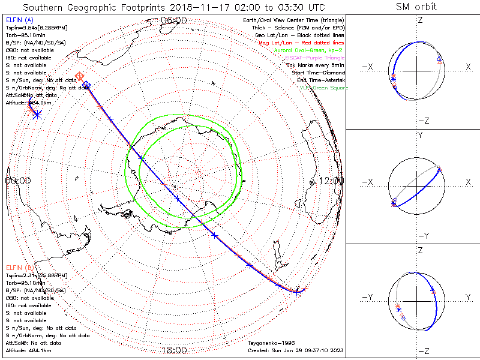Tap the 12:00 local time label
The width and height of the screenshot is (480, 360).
(x=332, y=180)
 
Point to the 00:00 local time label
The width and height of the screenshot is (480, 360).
(x=18, y=180)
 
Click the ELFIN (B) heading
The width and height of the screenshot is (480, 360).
(x=20, y=268)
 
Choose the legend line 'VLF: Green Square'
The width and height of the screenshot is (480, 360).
(x=324, y=88)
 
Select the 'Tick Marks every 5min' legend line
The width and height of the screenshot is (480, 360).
(x=317, y=65)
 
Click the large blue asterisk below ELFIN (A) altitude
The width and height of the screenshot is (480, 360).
(x=37, y=114)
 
